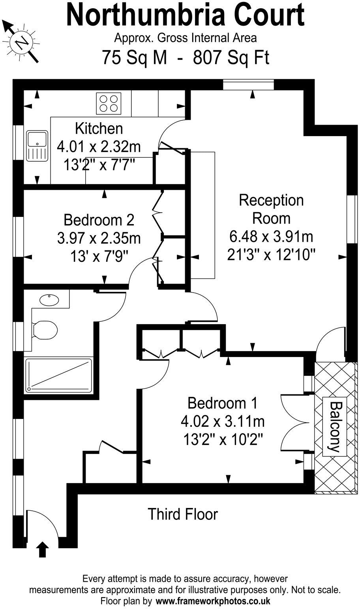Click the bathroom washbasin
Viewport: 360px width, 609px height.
49,299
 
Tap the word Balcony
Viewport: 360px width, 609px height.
335,427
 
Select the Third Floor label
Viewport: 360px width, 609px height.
182,514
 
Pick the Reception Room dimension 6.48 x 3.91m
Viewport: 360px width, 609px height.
271,237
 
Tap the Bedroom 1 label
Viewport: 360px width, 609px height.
222,403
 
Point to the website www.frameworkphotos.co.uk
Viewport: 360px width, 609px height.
213,602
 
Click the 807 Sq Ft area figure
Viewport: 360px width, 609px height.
231,58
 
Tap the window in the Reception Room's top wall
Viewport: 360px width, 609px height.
248,85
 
